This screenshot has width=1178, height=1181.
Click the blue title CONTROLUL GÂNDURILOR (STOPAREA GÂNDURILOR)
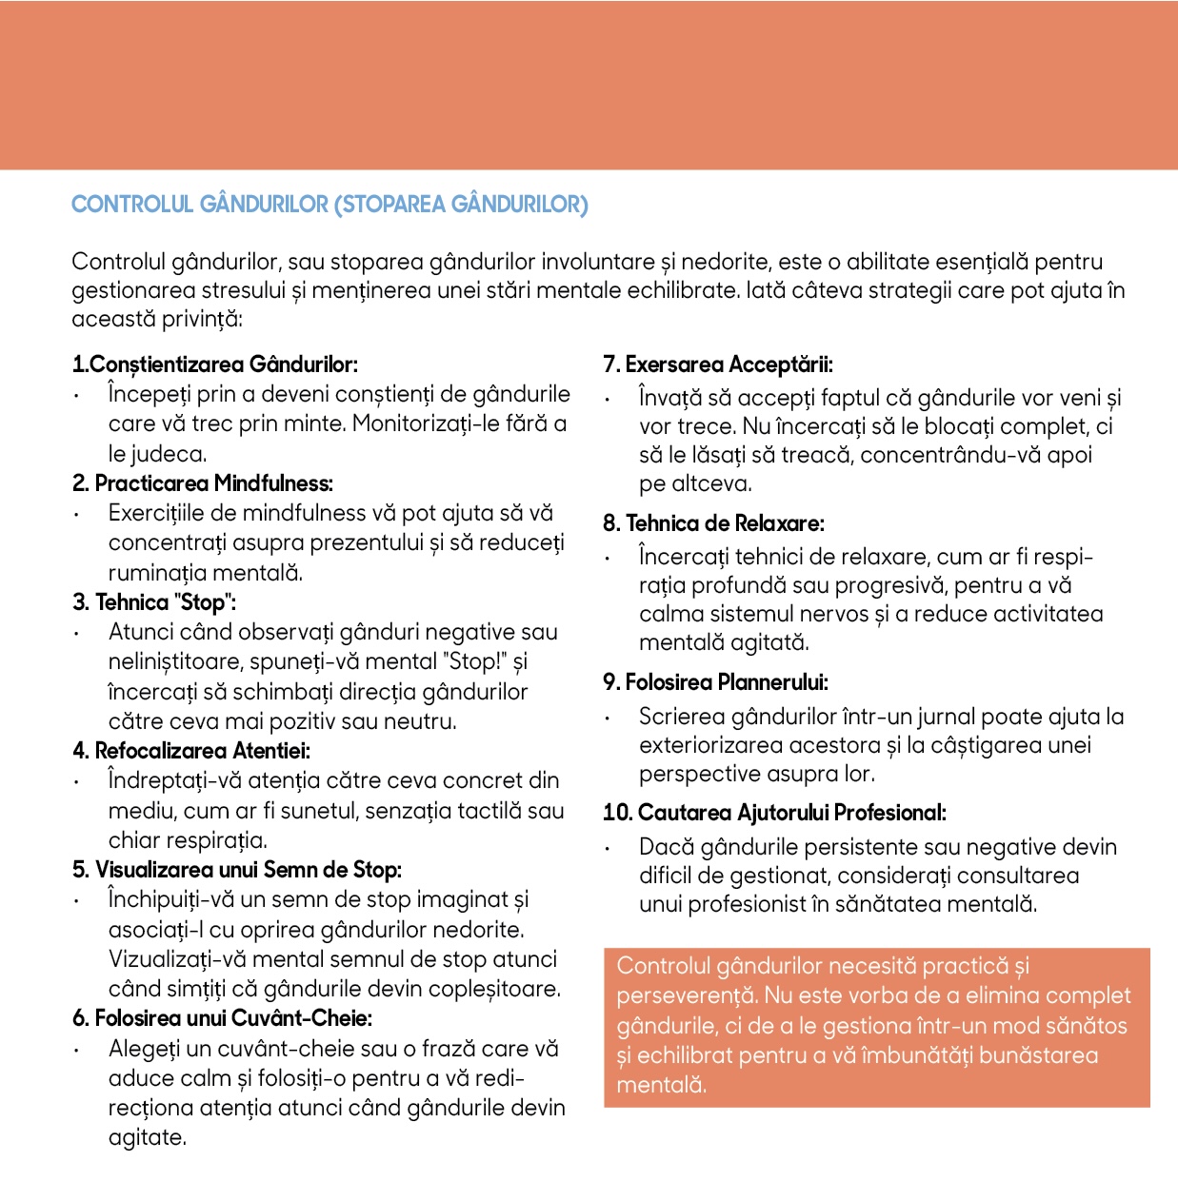(x=329, y=205)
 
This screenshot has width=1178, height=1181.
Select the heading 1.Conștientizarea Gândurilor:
(x=215, y=364)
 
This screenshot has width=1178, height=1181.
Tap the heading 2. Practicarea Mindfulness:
(x=203, y=483)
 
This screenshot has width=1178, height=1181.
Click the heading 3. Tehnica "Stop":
(x=154, y=602)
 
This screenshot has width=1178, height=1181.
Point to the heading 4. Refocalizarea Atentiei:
(x=191, y=751)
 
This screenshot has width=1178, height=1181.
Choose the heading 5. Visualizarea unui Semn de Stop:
(x=237, y=870)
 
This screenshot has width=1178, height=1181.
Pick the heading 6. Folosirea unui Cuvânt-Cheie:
(x=222, y=1018)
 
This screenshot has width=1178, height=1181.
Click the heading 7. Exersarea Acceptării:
(x=718, y=364)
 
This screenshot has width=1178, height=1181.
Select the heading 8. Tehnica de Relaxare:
(x=713, y=523)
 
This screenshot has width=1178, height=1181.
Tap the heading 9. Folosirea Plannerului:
(x=715, y=682)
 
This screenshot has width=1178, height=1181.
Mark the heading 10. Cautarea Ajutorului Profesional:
(x=774, y=813)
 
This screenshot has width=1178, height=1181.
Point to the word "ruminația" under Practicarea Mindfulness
(x=157, y=573)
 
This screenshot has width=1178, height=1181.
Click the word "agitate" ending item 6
(x=147, y=1138)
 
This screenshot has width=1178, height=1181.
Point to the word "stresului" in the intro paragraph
(x=250, y=290)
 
